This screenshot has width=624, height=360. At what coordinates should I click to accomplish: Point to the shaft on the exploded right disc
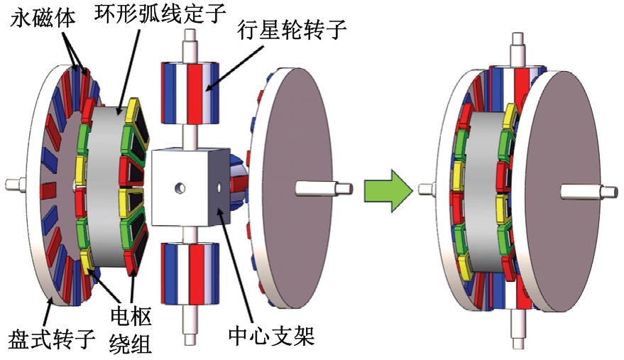click(x=320, y=189)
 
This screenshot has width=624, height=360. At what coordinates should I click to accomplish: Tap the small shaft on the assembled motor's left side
click(x=426, y=188)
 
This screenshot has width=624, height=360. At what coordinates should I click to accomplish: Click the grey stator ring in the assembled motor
click(x=489, y=188)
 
